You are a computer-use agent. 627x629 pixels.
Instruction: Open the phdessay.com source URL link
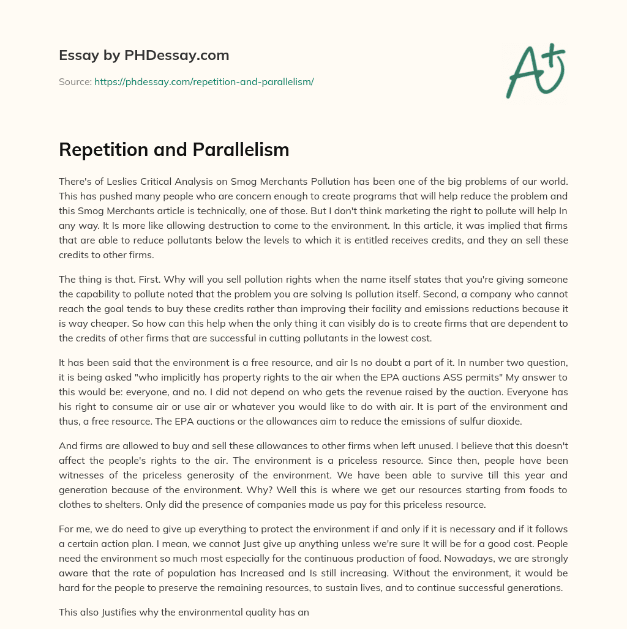tap(204, 81)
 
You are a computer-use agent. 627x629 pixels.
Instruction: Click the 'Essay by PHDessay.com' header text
tap(144, 56)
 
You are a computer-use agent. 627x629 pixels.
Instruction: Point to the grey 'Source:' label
tap(75, 81)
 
